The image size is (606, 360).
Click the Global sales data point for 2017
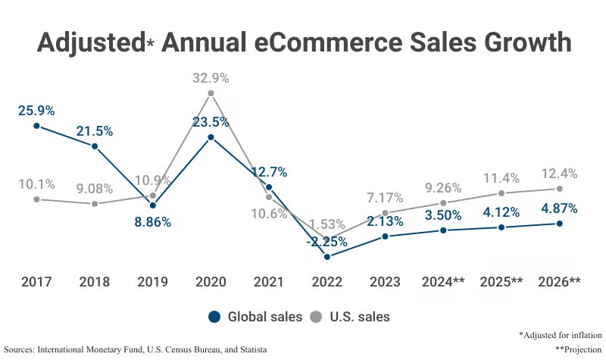coord(36,125)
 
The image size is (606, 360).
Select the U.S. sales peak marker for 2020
coord(211,93)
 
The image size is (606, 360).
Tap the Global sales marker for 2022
coord(327,257)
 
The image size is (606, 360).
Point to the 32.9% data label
coord(211,78)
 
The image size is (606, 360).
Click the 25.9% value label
coord(36,111)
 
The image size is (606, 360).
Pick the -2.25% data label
coord(327,243)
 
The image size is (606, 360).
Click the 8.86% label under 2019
coord(152,222)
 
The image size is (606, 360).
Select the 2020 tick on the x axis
coord(211,283)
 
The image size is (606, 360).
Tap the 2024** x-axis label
coord(442,283)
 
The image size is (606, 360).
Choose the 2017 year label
coord(36,283)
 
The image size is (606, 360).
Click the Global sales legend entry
coord(255,316)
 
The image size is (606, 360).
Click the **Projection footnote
coord(579,349)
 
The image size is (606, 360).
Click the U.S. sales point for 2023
coord(385,213)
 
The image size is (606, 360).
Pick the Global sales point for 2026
coord(559,224)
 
